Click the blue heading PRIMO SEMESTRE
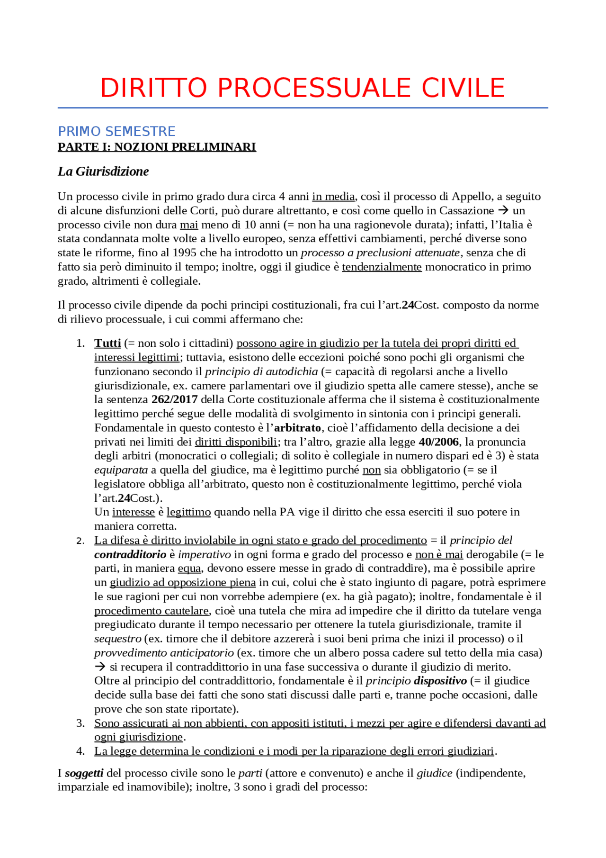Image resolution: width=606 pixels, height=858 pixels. (x=116, y=131)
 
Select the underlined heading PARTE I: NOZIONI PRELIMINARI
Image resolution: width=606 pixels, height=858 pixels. (x=157, y=147)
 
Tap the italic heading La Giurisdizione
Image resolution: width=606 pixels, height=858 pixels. (x=103, y=172)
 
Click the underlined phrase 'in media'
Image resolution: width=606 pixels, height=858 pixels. (x=333, y=197)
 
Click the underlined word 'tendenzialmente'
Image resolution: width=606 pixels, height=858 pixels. (x=382, y=267)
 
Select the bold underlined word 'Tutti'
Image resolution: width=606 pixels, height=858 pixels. (x=107, y=343)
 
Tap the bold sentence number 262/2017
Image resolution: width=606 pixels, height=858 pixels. (x=174, y=400)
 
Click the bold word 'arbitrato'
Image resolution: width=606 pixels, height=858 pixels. (x=298, y=428)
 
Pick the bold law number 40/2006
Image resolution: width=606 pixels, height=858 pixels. (x=439, y=442)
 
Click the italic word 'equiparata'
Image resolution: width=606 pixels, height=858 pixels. (x=121, y=470)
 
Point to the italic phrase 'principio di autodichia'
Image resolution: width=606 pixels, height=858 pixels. (x=261, y=372)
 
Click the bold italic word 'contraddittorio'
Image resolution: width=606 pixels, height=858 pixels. (x=130, y=555)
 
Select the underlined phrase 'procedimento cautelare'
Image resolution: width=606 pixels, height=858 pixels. (x=151, y=611)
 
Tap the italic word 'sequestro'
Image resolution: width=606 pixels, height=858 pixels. (x=117, y=639)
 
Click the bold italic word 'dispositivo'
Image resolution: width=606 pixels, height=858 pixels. (x=440, y=681)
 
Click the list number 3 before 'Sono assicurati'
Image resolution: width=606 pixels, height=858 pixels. (x=80, y=723)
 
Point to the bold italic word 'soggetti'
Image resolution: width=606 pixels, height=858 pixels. (x=84, y=774)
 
